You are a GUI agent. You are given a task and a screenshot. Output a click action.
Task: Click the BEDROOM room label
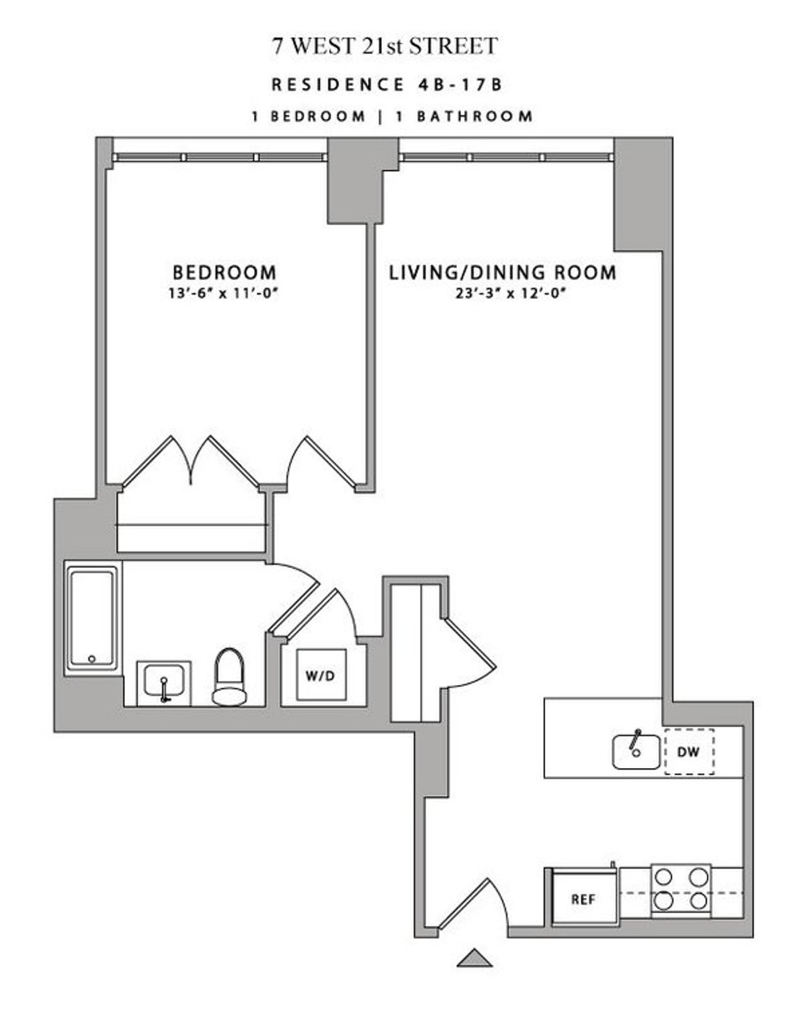[x=224, y=272]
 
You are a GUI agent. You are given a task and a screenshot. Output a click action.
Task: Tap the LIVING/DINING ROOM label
[x=502, y=272]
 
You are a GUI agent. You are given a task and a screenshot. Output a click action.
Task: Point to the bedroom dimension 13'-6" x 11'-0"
[x=222, y=294]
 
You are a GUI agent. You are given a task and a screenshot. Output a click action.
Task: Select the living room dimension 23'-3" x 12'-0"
[x=511, y=294]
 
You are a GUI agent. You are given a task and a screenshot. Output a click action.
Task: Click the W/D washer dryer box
[x=321, y=675]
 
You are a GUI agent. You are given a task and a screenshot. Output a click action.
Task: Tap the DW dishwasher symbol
[x=689, y=752]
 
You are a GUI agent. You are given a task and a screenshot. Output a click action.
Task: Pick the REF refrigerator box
[x=585, y=899]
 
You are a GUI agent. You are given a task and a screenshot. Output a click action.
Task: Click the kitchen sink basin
[x=636, y=752]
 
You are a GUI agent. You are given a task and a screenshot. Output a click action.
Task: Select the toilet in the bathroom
[x=230, y=678]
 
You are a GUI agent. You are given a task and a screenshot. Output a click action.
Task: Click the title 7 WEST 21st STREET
[x=385, y=46]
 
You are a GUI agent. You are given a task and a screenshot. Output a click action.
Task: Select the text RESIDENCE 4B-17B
[x=386, y=84]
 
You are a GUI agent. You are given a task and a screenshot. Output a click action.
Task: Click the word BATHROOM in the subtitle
[x=474, y=116]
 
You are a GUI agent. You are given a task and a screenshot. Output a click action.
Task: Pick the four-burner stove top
[x=681, y=892]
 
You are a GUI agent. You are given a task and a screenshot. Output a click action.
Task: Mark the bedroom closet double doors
[x=191, y=461]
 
